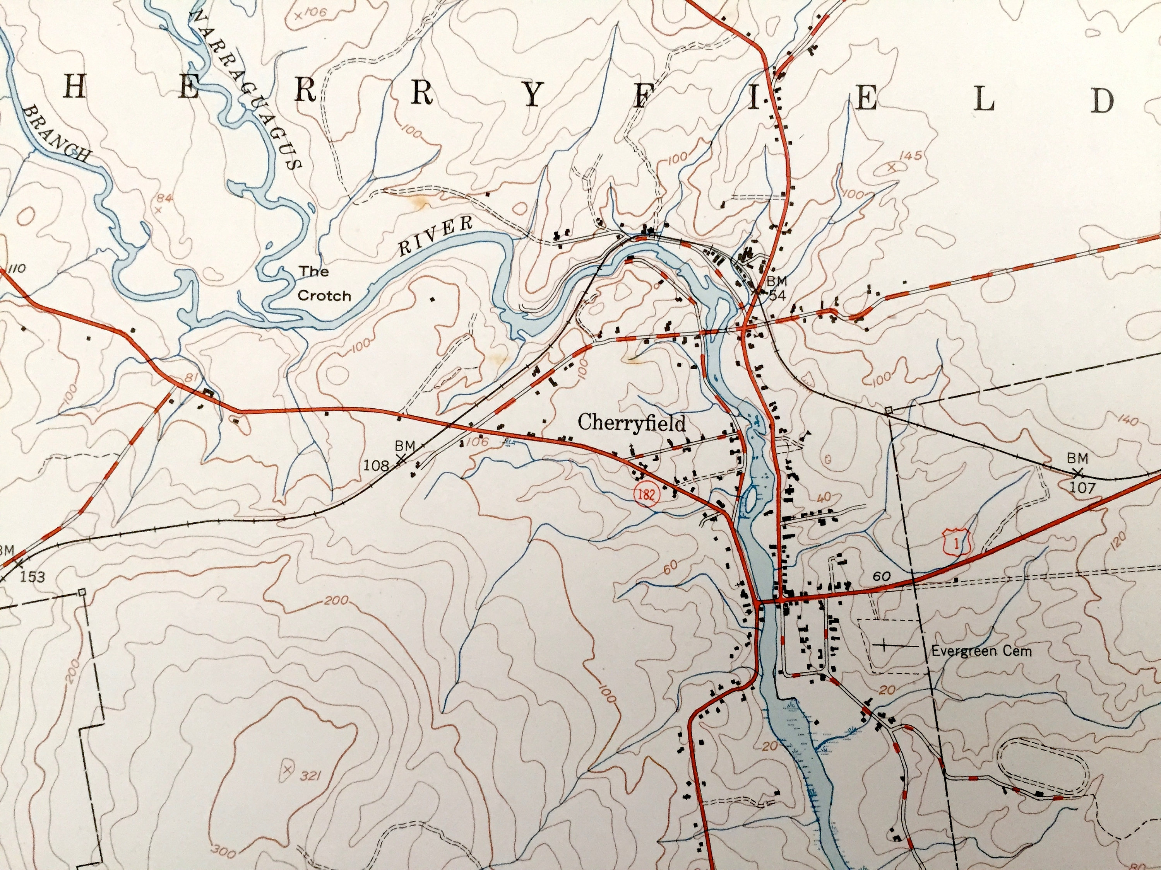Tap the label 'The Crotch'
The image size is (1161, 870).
(324, 283)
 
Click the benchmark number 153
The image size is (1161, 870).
(33, 577)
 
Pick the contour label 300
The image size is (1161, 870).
(224, 853)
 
